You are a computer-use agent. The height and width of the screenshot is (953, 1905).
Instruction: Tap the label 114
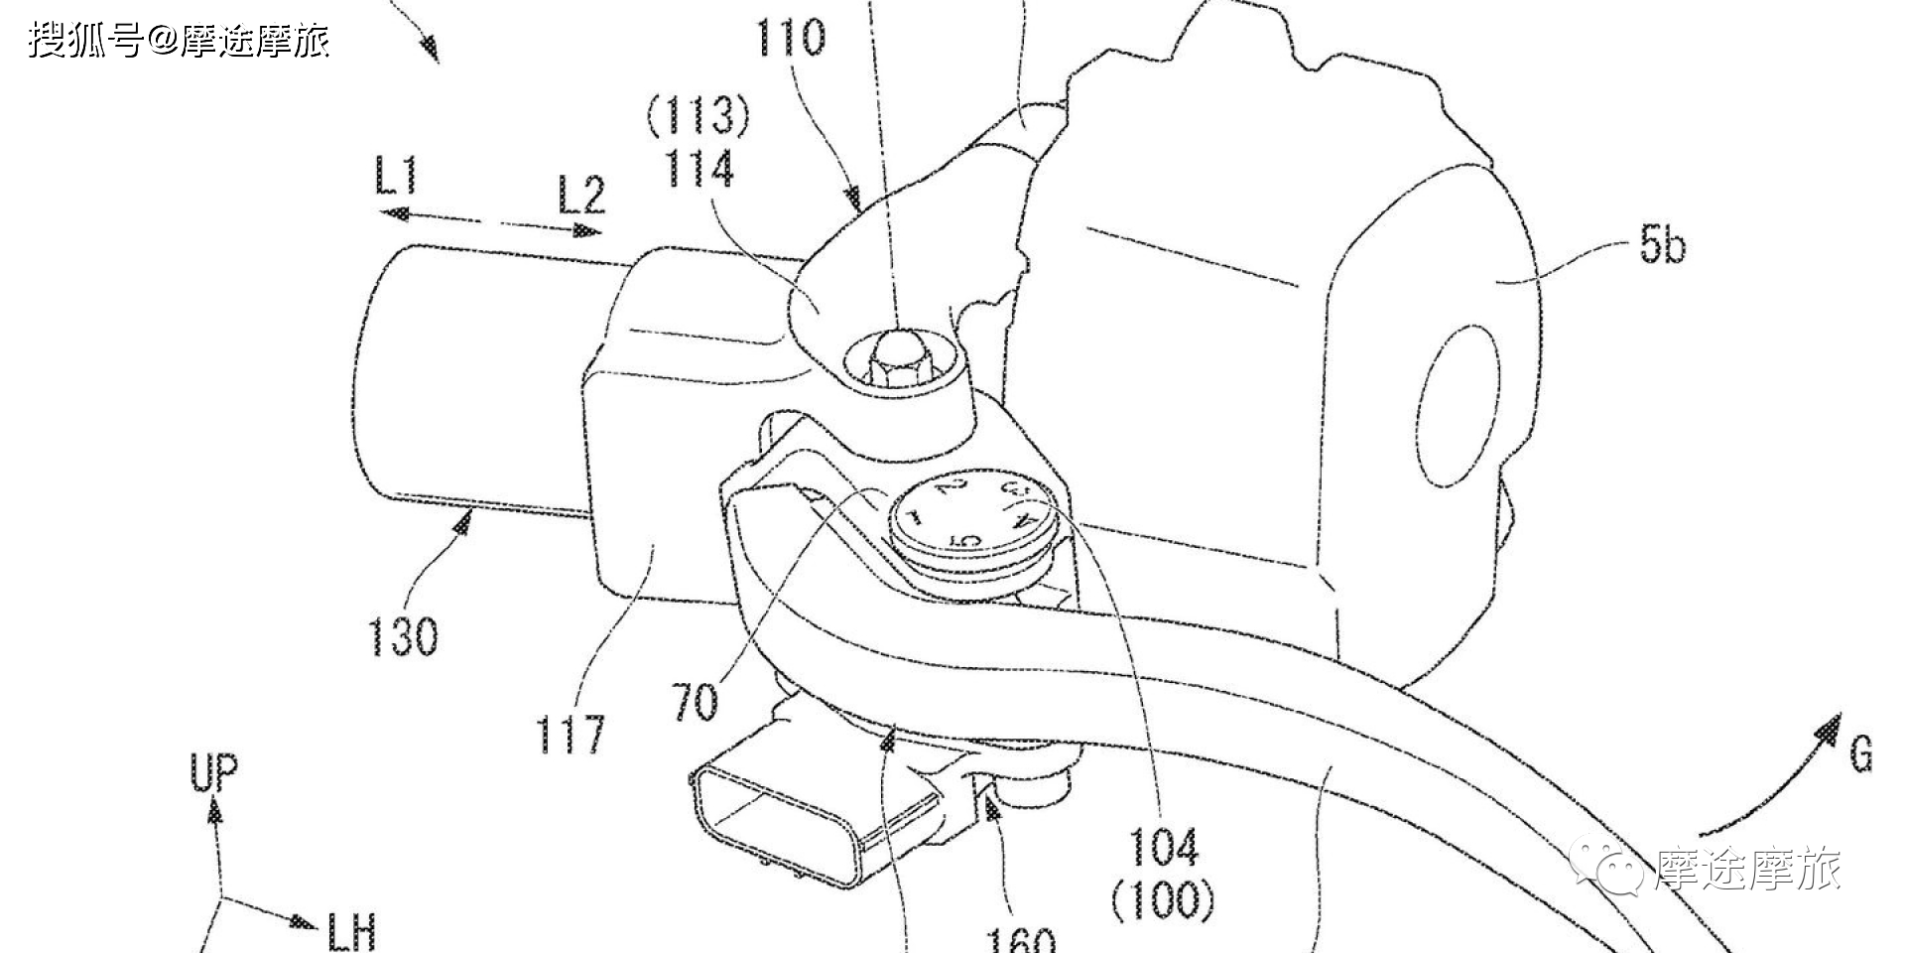pyautogui.click(x=698, y=168)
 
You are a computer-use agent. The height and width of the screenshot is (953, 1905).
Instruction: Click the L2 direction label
pyautogui.click(x=580, y=195)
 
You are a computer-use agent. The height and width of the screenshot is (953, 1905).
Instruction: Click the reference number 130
pyautogui.click(x=403, y=635)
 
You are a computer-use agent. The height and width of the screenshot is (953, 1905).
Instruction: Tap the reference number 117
pyautogui.click(x=571, y=735)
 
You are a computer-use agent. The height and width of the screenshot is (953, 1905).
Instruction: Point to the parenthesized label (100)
pyautogui.click(x=1163, y=899)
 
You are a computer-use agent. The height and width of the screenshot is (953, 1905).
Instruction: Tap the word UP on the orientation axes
pyautogui.click(x=214, y=773)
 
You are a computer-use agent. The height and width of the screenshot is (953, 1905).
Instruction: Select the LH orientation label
pyautogui.click(x=351, y=931)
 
